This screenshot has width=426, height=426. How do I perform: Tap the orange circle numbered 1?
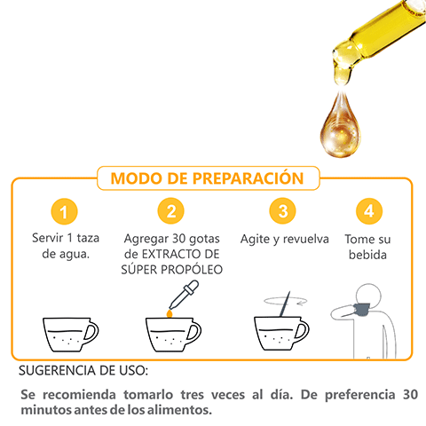pyautogui.click(x=65, y=211)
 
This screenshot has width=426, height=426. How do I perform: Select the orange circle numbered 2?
pyautogui.click(x=170, y=211)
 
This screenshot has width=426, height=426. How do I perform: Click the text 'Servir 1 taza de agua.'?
pyautogui.click(x=66, y=247)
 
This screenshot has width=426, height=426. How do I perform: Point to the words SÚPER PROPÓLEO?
pyautogui.click(x=171, y=269)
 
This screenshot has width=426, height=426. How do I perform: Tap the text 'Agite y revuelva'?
pyautogui.click(x=284, y=240)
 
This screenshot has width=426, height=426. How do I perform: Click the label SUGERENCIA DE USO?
pyautogui.click(x=83, y=369)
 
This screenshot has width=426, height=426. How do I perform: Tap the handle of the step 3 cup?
pyautogui.click(x=304, y=333)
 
